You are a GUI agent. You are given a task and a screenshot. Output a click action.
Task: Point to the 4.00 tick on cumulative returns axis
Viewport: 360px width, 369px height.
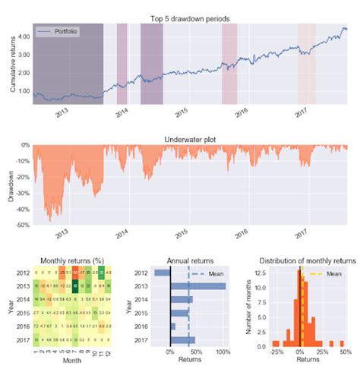23,35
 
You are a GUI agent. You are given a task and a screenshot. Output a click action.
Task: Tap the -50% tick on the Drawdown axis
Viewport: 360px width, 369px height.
22,225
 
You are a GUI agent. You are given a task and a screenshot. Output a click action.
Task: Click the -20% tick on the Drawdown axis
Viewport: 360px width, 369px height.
22,177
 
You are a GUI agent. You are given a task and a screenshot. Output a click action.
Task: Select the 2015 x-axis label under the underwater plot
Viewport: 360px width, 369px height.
181,236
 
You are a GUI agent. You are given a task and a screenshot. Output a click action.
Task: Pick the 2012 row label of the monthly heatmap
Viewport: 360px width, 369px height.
22,273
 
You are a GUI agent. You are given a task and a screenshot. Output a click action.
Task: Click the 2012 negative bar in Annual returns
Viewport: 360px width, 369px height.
162,273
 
